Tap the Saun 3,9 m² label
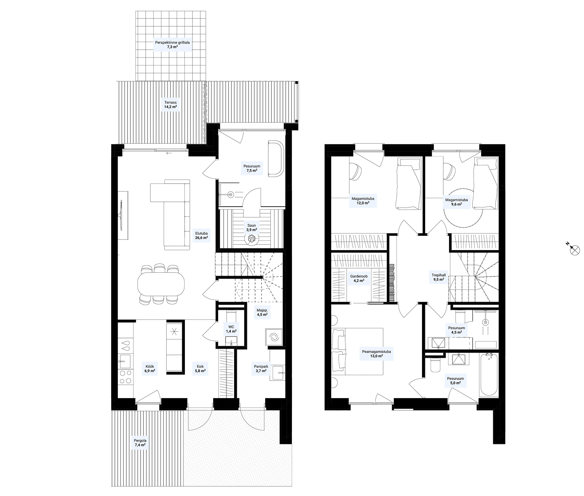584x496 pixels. click(x=251, y=228)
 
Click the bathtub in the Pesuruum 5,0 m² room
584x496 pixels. click(x=488, y=375)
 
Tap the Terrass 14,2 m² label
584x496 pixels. click(x=171, y=105)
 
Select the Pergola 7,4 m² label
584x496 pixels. click(x=140, y=443)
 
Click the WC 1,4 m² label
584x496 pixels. click(x=231, y=329)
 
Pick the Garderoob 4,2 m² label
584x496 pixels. click(x=359, y=278)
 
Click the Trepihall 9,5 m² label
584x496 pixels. click(x=439, y=277)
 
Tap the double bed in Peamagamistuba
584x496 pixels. click(x=357, y=351)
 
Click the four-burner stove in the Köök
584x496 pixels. click(x=126, y=377)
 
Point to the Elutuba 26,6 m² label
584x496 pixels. click(x=201, y=235)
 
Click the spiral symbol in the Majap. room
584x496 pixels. click(x=274, y=338)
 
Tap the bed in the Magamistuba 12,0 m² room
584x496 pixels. click(x=408, y=183)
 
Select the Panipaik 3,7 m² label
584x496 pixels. click(x=261, y=368)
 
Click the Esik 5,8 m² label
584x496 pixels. click(x=200, y=369)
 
